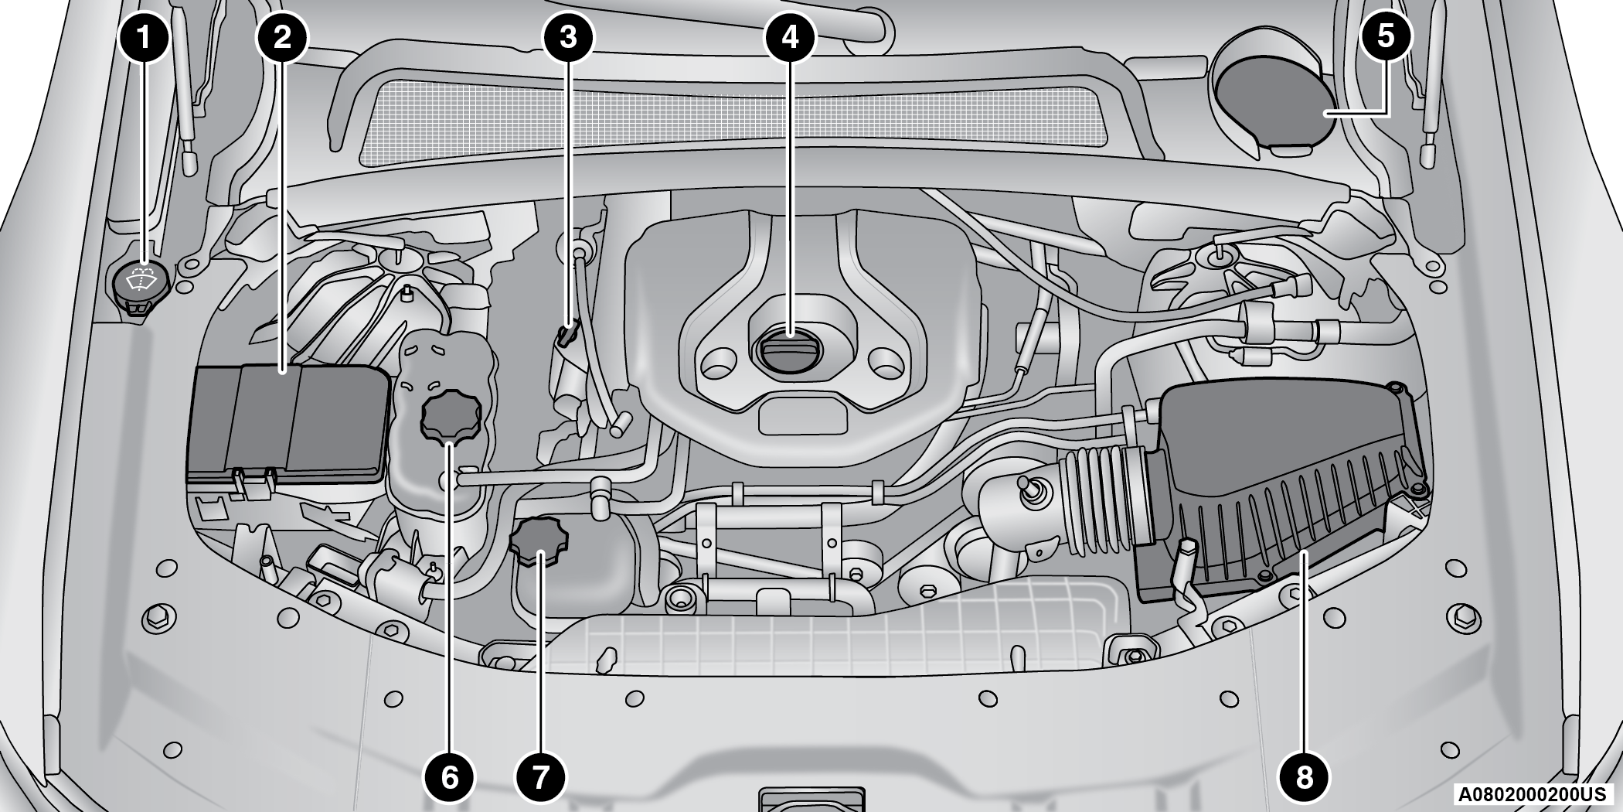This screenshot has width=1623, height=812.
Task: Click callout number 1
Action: coord(144,37)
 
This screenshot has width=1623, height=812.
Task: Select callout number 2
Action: coord(282,37)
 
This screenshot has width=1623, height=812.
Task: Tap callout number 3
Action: coord(568,37)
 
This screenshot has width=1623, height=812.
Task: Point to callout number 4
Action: coord(790,37)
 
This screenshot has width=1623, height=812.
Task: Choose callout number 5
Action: coord(1386,37)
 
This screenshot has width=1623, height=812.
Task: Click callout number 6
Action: coord(449,776)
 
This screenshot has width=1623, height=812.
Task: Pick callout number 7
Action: coord(540,776)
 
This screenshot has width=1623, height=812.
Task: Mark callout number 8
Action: coord(1304,776)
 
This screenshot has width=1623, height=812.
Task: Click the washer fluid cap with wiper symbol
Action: coord(140,285)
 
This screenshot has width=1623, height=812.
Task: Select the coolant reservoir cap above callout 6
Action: coord(451,418)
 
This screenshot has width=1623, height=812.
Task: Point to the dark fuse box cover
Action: coord(288,424)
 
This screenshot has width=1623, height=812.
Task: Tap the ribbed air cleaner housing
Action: coord(1283,495)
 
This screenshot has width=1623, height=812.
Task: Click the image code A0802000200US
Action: coord(1533,794)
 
